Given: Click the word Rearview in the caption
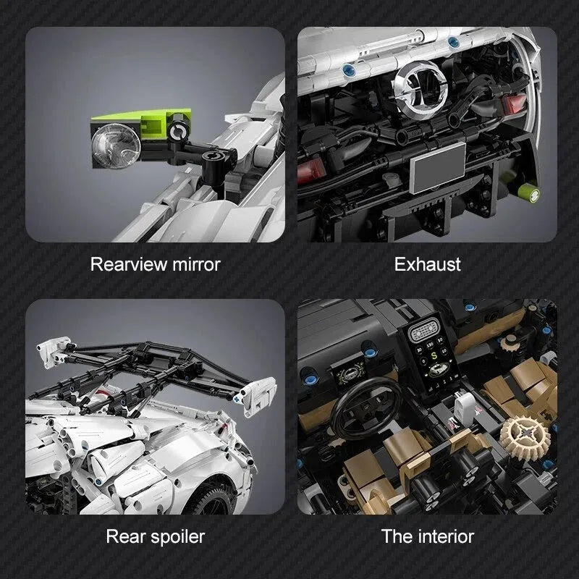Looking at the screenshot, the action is coord(129,264).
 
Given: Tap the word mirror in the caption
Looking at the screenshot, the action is coord(196,264).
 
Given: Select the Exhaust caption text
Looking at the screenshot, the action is coord(427,264).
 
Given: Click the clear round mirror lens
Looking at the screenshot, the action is coord(116,146).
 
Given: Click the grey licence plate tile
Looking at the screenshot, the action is coord(438,167).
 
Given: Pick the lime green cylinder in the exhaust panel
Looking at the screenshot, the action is coord(528,193).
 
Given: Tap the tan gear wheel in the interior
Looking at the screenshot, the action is coord(524,438).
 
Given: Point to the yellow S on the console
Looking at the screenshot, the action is coord(434,356).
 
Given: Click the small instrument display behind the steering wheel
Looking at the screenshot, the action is coord(350,372).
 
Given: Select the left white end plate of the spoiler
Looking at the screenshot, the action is coord(54,352).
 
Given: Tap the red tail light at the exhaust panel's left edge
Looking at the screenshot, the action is coord(311,171).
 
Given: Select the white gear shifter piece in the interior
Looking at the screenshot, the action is coord(464,407).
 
